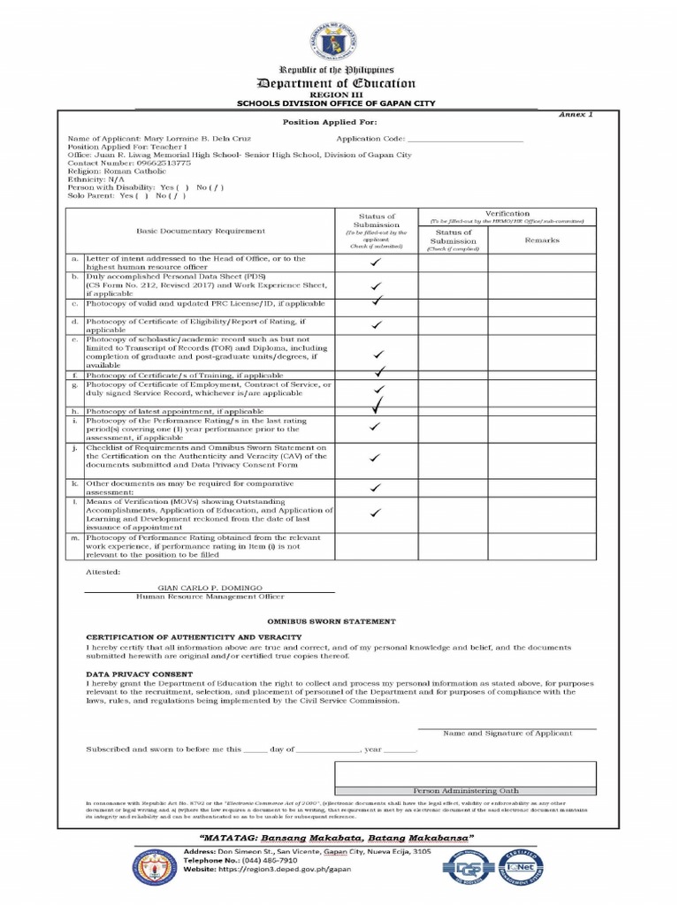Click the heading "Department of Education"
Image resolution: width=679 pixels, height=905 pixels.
[x=335, y=83]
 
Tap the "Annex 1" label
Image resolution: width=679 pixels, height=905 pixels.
[x=578, y=115]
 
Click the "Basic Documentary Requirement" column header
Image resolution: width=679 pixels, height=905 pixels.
[x=200, y=231]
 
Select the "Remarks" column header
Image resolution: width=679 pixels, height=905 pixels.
[x=541, y=240]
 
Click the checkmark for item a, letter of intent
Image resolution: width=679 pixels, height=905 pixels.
[x=376, y=263]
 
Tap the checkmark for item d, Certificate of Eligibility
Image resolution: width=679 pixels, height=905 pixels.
[x=377, y=325]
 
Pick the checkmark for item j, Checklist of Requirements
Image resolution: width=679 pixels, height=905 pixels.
[x=375, y=458]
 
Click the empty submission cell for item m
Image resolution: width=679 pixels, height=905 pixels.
[x=376, y=546]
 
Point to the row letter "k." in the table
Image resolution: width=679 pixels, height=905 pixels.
[x=75, y=484]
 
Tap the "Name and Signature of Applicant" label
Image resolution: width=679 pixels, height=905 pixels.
[x=507, y=733]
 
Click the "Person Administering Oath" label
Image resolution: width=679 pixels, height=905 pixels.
[x=466, y=790]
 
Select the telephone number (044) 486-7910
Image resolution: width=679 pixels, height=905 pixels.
[x=259, y=859]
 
